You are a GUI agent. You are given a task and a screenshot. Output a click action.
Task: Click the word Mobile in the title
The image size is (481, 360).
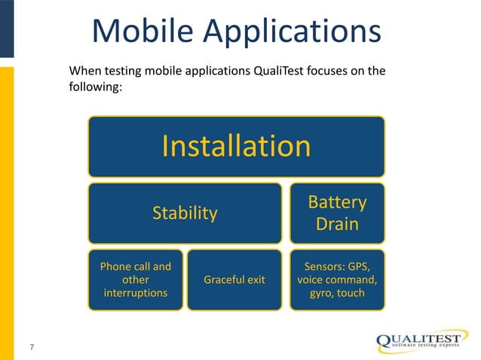[x=144, y=32]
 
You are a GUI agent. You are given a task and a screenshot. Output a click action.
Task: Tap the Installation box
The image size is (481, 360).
[x=236, y=146]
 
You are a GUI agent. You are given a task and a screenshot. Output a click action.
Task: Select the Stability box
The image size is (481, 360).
[x=185, y=213]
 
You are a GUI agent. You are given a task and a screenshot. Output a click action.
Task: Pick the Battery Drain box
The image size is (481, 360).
[x=337, y=213]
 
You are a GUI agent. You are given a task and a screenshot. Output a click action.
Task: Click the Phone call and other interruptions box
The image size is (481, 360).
[x=136, y=279]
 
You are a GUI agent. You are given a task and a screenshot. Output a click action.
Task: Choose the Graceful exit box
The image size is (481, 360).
[x=235, y=279]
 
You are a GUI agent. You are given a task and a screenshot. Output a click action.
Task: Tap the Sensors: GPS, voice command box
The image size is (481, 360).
[x=337, y=279]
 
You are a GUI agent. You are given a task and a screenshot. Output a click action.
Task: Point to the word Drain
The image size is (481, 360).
[x=337, y=225]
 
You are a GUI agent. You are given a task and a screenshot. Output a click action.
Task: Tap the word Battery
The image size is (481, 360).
[x=337, y=203]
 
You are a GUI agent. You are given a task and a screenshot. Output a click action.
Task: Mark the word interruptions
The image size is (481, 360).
[x=136, y=292]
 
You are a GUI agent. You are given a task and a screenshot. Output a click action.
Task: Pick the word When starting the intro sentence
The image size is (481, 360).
[x=84, y=72]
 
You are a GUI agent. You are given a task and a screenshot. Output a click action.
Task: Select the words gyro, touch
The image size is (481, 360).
[x=337, y=292]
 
